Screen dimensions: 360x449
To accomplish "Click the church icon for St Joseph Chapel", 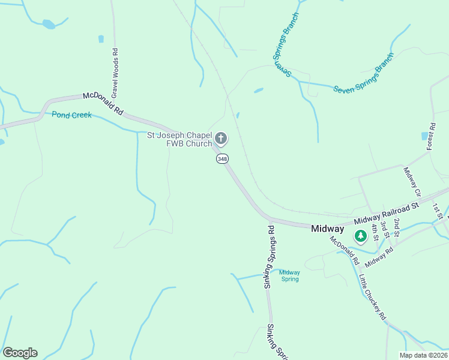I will (221, 139).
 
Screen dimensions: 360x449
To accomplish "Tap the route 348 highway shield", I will (223, 158).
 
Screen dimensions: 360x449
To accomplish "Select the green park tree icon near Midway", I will (360, 236).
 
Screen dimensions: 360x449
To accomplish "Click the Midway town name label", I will (328, 229).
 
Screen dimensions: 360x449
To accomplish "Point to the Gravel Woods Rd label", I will (114, 74).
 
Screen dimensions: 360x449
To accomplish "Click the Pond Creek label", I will (71, 115).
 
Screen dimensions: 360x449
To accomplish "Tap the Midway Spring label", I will (290, 275).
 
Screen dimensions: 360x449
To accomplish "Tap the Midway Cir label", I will (412, 182).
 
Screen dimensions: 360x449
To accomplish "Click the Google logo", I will (20, 353).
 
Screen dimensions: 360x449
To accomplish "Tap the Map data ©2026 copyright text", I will (423, 355).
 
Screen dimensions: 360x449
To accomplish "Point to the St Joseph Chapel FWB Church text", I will (180, 139).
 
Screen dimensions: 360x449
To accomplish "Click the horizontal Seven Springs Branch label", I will (364, 76).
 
